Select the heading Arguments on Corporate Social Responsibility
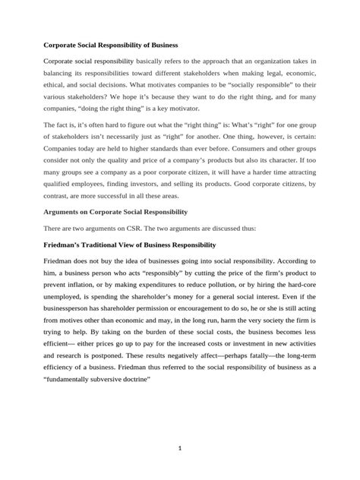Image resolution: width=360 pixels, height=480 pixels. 115,210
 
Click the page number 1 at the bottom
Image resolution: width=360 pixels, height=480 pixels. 180,448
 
